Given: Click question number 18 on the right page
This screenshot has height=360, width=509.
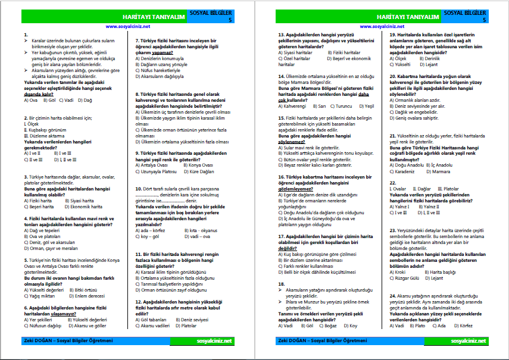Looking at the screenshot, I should (x=282, y=284).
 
